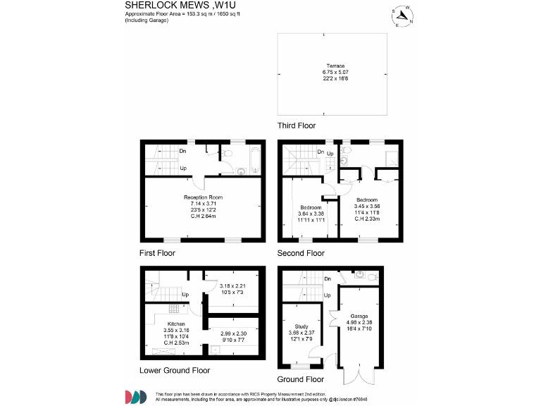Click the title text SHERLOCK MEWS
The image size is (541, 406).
tap(162, 6)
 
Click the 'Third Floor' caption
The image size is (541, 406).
tap(297, 125)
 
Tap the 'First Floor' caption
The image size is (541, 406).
tap(157, 252)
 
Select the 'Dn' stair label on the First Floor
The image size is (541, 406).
tap(182, 151)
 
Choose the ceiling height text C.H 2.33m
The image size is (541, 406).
tap(366, 219)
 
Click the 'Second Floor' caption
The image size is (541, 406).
tap(301, 252)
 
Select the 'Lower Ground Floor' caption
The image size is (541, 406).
tap(174, 370)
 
